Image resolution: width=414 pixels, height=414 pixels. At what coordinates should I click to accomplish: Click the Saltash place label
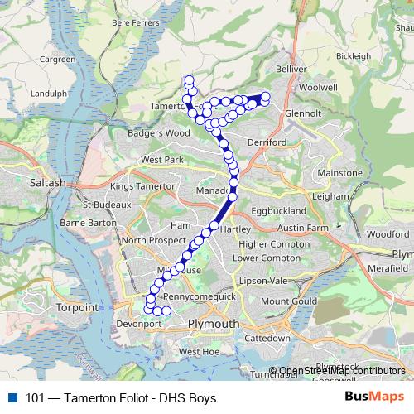tap(46, 182)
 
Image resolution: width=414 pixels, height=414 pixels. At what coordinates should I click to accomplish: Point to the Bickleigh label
tap(354, 55)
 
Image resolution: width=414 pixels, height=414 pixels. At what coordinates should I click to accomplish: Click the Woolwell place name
tap(317, 86)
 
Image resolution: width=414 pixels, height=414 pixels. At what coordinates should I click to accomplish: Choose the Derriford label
tap(267, 142)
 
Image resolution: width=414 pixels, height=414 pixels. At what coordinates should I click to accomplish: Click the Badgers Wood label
tap(159, 132)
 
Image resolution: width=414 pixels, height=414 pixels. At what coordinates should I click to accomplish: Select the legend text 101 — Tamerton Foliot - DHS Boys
tap(121, 398)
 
